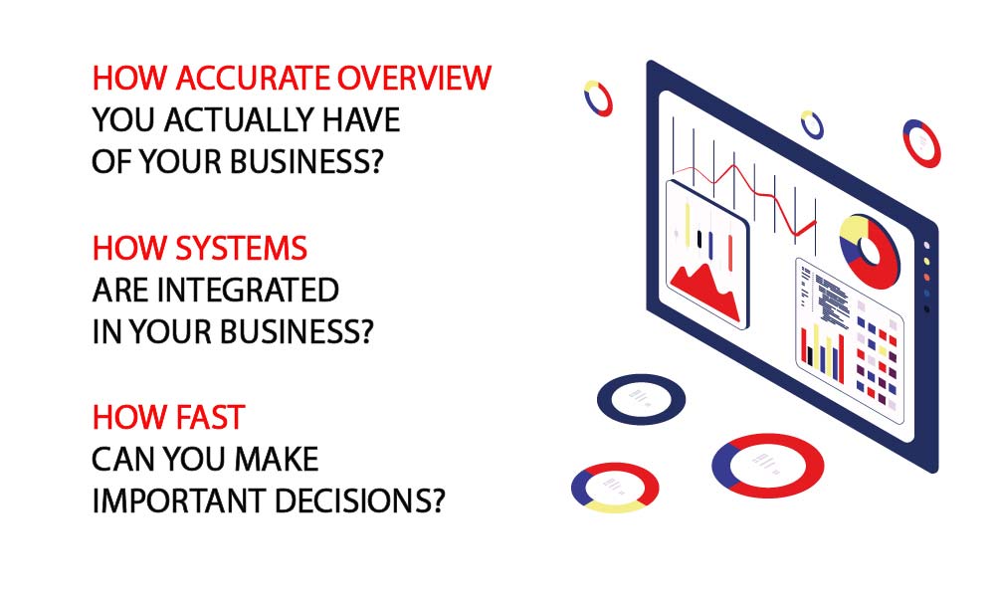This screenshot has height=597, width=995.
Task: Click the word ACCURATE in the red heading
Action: [253, 78]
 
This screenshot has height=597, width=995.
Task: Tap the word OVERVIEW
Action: [414, 78]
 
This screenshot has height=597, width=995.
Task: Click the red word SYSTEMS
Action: [241, 248]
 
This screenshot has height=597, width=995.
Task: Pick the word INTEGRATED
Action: [248, 290]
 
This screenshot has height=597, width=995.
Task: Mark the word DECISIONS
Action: [360, 501]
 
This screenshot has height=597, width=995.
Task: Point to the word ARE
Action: [121, 290]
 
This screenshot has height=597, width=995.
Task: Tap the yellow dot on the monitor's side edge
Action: [927, 261]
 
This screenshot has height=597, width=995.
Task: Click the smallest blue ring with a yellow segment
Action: [812, 124]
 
